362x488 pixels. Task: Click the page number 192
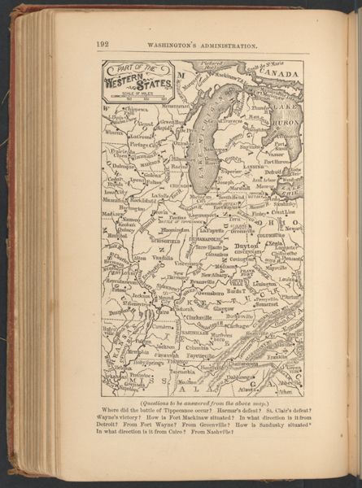(x=102, y=44)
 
